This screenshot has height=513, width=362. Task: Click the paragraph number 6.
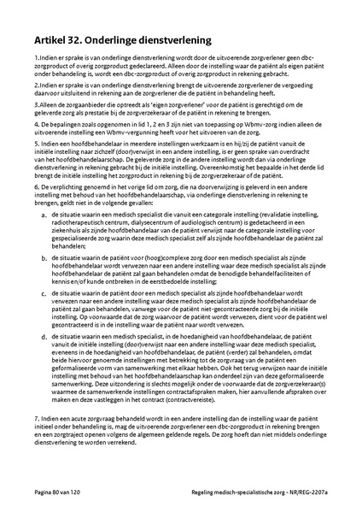26,193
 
